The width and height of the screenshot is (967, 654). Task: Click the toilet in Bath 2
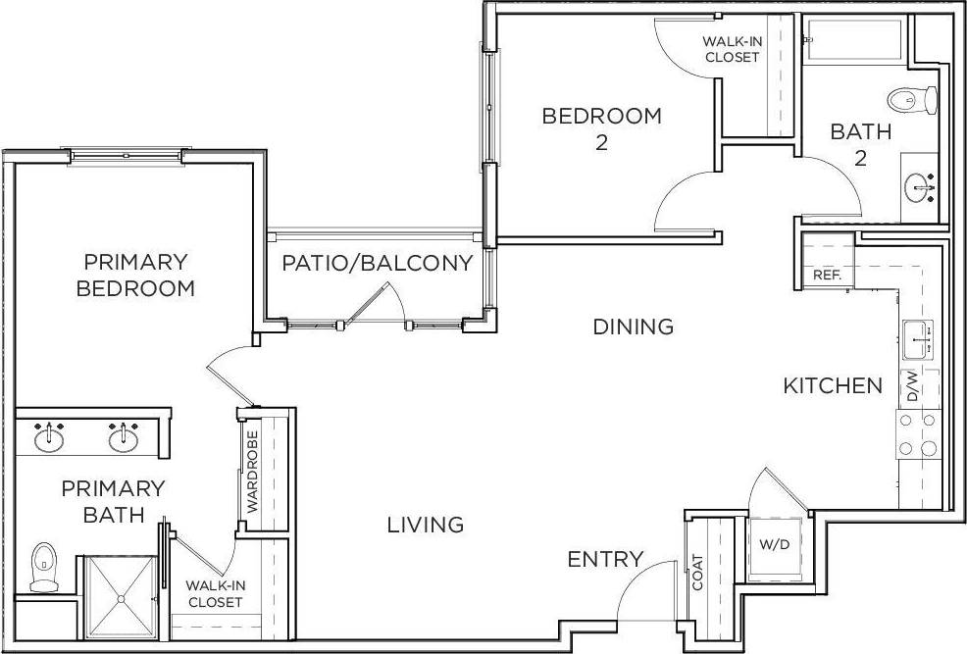coord(912,99)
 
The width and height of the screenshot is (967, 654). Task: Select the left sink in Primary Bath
coord(49,437)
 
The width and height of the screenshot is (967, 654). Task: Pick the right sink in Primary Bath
coord(123,437)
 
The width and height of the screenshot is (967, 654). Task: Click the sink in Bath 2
coord(920,185)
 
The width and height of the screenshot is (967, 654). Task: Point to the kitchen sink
coord(918,340)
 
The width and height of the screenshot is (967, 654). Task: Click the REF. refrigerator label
coord(827,276)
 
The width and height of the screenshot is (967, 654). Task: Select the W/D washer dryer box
coord(770,544)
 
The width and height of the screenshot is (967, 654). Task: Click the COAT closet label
coord(698,572)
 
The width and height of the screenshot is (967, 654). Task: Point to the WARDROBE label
coord(252,473)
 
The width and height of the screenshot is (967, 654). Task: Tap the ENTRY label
coord(605,560)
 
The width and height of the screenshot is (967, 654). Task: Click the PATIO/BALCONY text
coord(378,264)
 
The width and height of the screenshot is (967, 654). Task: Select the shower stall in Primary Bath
coord(120,595)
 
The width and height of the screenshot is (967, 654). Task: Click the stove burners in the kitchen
coord(917,435)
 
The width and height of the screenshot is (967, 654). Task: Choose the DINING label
coord(633,327)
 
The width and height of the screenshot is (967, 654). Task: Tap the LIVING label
coord(425,525)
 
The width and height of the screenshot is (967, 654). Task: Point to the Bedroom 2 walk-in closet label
coord(732,49)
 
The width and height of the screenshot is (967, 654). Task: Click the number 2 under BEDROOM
coord(601,143)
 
